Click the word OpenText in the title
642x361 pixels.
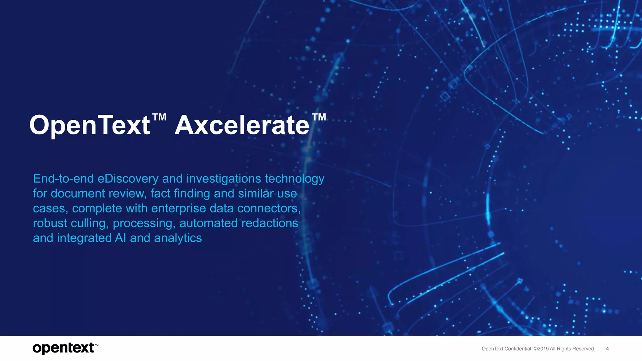[90, 125]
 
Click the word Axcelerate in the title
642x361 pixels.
[242, 125]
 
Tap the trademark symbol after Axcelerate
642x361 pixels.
[319, 117]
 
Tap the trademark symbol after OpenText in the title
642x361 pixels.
[159, 117]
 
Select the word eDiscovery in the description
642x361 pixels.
[128, 179]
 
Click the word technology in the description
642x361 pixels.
[294, 179]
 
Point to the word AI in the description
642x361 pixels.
[120, 238]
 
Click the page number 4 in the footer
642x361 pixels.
[607, 349]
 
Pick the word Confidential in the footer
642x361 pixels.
[518, 349]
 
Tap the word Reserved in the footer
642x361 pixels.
[583, 349]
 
